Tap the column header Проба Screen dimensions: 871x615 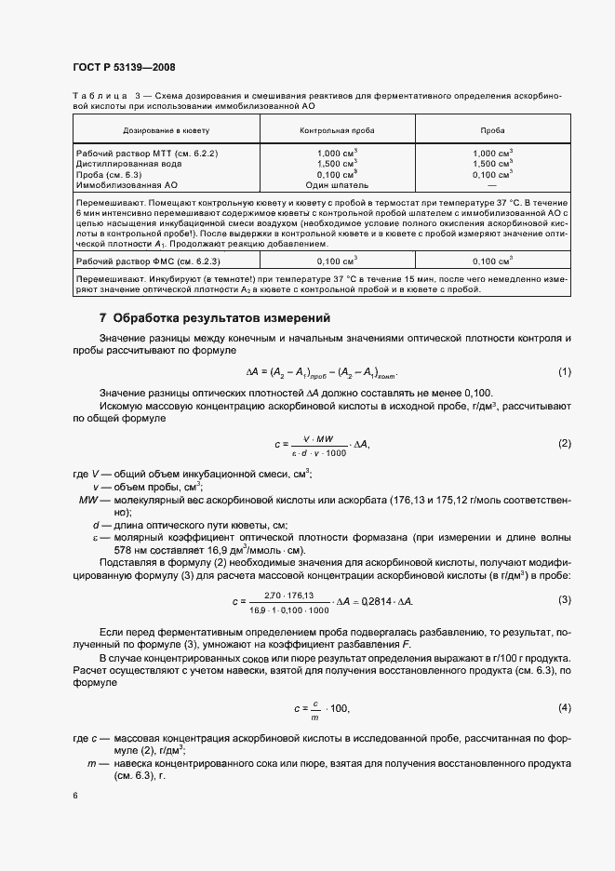492,131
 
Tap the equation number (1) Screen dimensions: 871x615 564,373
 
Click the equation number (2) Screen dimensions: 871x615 564,444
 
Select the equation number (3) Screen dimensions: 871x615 564,599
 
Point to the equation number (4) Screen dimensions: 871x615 564,708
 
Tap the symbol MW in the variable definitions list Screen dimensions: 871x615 89,500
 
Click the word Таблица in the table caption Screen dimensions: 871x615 98,96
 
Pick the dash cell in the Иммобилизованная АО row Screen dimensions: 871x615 492,185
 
